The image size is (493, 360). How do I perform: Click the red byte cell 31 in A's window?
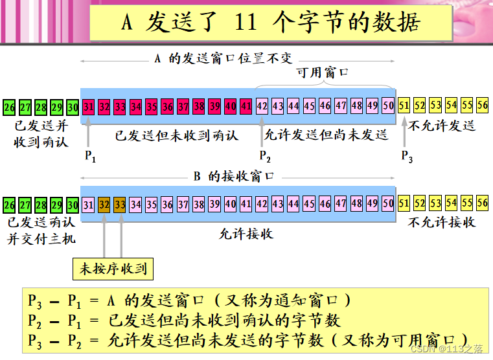[89, 106]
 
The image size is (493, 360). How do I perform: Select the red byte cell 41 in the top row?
[246, 106]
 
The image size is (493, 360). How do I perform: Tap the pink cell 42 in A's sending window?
[262, 106]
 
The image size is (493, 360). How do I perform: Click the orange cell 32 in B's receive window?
[104, 205]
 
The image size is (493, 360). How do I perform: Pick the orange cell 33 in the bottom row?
[120, 205]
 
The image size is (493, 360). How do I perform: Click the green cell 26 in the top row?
[9, 107]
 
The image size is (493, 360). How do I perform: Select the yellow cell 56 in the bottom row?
[482, 203]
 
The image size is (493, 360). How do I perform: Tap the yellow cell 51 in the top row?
[404, 106]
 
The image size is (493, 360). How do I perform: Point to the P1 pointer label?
[90, 156]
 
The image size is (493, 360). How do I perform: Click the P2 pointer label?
[265, 156]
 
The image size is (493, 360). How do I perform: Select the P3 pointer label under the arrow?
[407, 156]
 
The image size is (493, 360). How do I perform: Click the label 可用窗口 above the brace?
[322, 73]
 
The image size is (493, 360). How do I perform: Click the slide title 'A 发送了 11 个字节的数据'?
[270, 23]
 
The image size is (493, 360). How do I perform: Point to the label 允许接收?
[247, 234]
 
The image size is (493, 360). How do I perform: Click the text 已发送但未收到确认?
[177, 135]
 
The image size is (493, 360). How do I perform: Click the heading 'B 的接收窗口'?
[234, 176]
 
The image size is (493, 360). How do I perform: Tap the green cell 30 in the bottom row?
[73, 205]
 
